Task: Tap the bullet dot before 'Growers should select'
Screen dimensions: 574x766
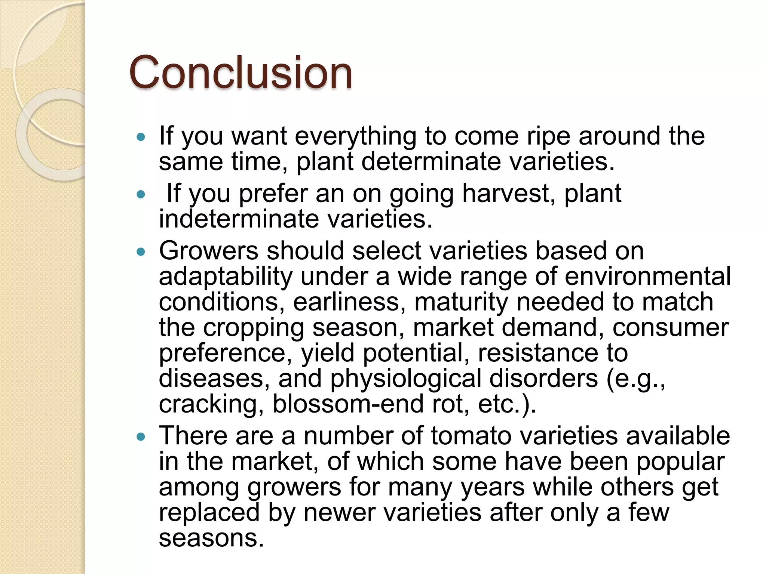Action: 141,252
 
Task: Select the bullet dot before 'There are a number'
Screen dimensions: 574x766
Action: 141,437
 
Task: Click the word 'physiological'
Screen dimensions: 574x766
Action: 405,379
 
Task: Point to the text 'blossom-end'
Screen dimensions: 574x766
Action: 348,404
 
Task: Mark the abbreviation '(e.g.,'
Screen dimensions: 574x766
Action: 635,379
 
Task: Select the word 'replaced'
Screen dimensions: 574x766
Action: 209,512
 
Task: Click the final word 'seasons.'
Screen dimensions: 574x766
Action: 211,538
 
